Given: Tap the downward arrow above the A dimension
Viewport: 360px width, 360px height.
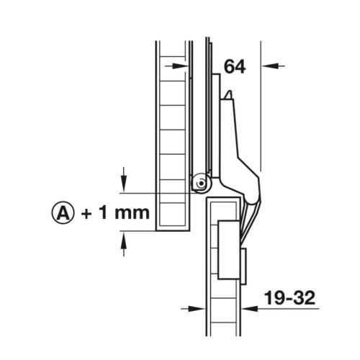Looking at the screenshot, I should (x=125, y=175).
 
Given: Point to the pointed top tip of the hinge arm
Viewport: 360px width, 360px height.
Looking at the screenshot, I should (x=228, y=93).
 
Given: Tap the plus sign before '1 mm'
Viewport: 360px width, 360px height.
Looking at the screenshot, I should (x=89, y=212).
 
